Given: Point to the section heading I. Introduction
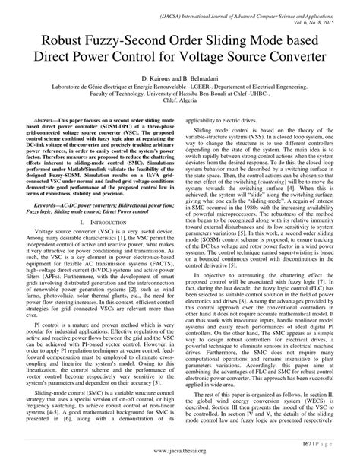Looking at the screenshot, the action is point(99,224).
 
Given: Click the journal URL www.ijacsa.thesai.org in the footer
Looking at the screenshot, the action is point(180,450).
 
